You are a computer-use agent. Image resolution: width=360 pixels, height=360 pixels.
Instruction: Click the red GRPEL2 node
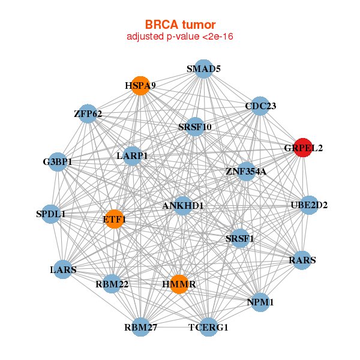[303, 147]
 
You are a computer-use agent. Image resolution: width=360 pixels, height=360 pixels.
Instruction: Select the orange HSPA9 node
[140, 86]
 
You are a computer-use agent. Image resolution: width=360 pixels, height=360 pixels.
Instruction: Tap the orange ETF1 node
[113, 219]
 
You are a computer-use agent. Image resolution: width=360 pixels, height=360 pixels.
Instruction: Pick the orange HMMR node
[179, 283]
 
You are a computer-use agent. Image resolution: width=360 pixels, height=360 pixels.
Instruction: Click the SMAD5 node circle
[203, 69]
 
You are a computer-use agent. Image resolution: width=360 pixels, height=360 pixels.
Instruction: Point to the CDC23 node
[260, 106]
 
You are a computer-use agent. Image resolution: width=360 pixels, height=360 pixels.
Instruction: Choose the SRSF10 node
[194, 127]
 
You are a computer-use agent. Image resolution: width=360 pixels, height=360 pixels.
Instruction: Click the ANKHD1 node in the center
[183, 206]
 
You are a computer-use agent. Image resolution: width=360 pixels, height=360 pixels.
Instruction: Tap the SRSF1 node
[239, 238]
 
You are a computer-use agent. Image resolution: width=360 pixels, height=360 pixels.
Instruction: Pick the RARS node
[302, 260]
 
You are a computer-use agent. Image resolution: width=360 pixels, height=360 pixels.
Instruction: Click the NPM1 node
[260, 302]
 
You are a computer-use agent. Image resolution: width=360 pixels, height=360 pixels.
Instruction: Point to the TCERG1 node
[208, 327]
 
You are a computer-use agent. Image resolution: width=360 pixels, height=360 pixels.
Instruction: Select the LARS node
[63, 269]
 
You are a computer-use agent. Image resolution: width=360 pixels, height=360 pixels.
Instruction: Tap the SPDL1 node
[50, 214]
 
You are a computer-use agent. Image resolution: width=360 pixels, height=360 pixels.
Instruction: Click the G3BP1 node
[57, 162]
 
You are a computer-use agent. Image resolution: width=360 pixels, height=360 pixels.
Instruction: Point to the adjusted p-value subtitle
[179, 37]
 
